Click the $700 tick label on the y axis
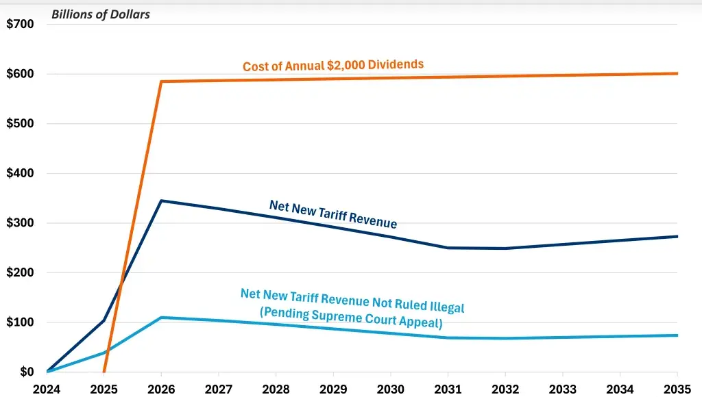point(20,25)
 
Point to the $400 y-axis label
point(20,173)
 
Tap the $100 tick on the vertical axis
point(20,322)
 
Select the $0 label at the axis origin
point(26,372)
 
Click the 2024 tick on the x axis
point(47,389)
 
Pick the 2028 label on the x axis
point(276,389)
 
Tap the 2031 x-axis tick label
point(448,389)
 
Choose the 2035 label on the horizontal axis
point(677,389)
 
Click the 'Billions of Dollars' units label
point(101,14)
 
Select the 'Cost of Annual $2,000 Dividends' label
point(333,65)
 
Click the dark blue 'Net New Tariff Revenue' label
point(333,214)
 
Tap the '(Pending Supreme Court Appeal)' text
point(351,317)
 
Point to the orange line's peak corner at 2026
point(160,81)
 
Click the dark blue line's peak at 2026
point(160,201)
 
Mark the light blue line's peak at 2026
point(160,318)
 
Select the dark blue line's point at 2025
point(104,320)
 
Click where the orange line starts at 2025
point(104,372)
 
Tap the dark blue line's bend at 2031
point(448,248)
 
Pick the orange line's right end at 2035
point(677,73)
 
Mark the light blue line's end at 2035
point(677,335)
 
